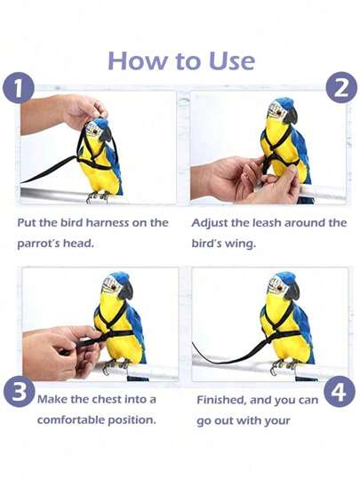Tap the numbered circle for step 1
pyautogui.click(x=18, y=88)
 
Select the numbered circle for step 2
pyautogui.click(x=341, y=87)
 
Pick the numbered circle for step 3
pyautogui.click(x=19, y=392)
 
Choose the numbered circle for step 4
pyautogui.click(x=340, y=391)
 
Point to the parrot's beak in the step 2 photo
pyautogui.click(x=291, y=116)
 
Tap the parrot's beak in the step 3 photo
pyautogui.click(x=126, y=291)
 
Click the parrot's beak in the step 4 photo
pyautogui.click(x=292, y=291)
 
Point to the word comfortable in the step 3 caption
pyautogui.click(x=70, y=419)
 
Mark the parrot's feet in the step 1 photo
pyautogui.click(x=98, y=197)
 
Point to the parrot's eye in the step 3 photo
pyautogui.click(x=114, y=287)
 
